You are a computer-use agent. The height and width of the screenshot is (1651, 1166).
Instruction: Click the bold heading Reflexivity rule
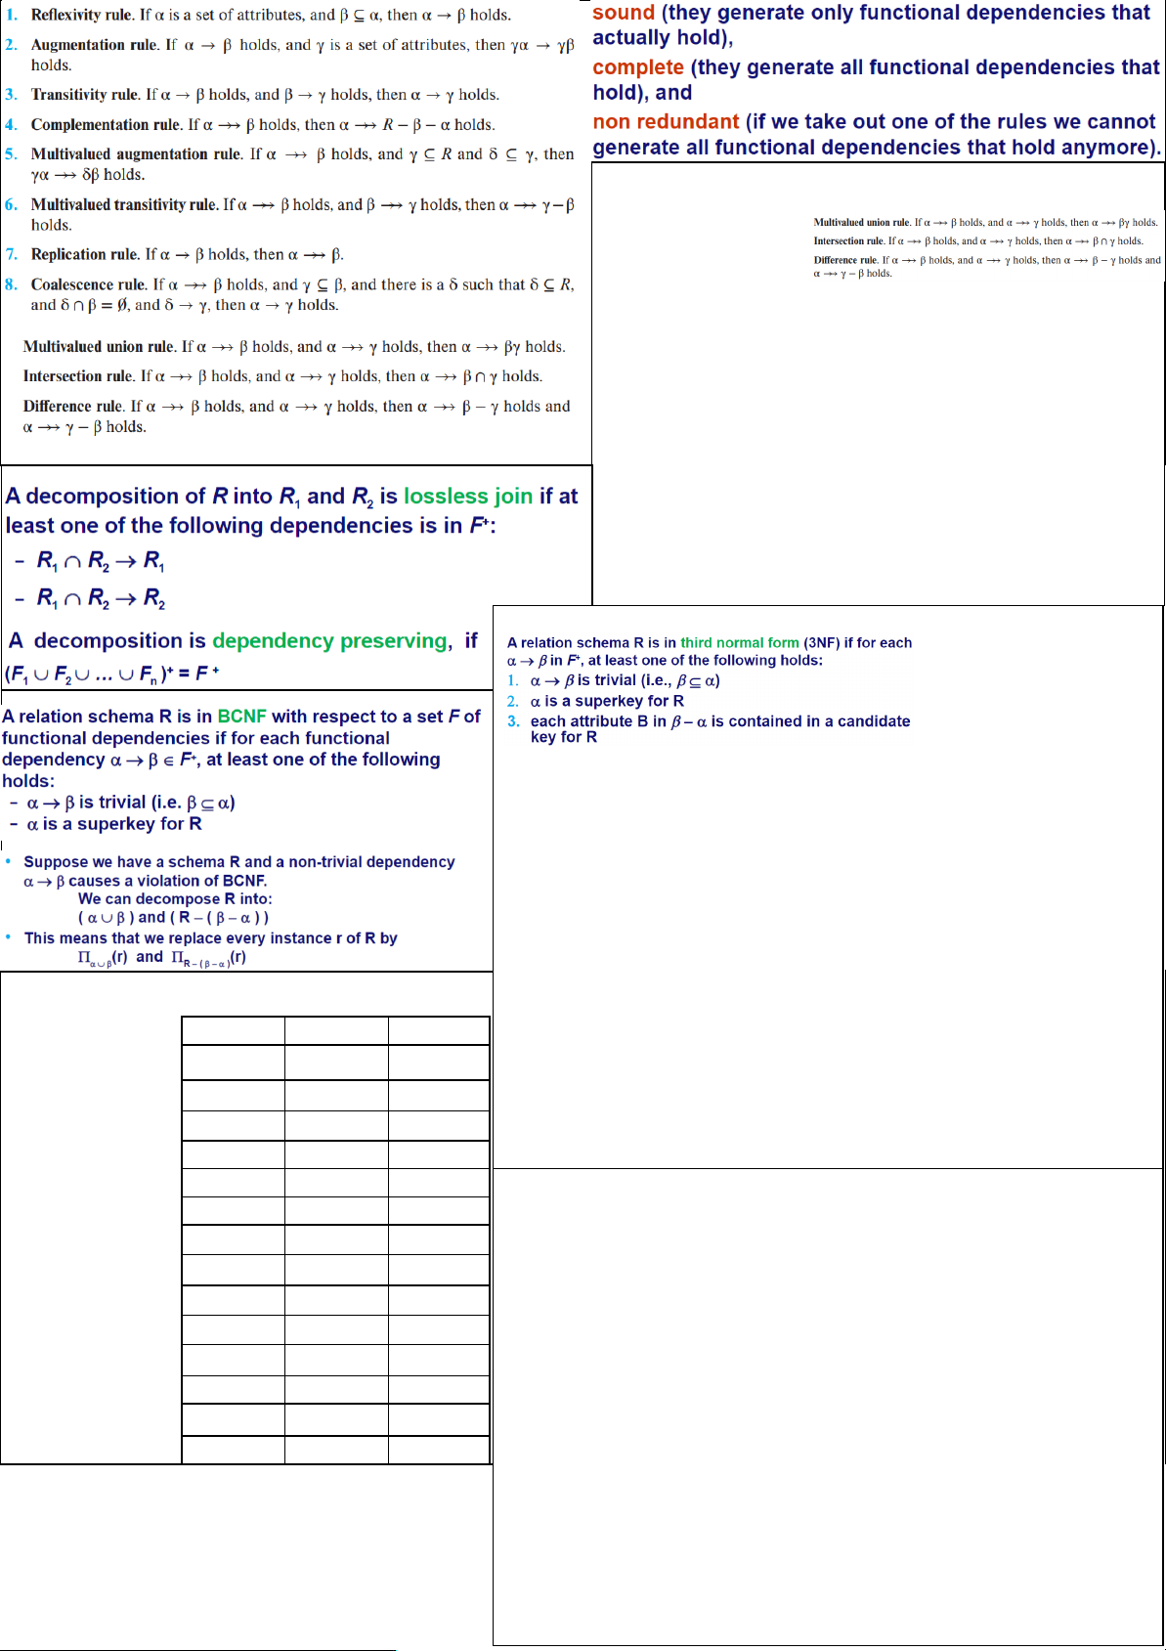pos(81,15)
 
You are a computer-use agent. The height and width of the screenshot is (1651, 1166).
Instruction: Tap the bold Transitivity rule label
pos(85,95)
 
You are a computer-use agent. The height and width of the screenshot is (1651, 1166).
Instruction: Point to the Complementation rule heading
pos(106,125)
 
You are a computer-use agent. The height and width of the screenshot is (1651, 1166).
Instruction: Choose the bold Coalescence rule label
pos(89,284)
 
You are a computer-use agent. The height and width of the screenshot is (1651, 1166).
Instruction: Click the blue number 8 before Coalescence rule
pos(11,284)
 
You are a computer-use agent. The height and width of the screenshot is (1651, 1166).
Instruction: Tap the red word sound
pos(623,13)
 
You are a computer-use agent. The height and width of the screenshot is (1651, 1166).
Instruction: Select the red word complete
pos(637,67)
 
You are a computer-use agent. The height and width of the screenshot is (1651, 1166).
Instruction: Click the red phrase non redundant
pos(665,122)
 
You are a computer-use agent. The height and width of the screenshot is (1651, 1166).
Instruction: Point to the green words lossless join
pos(468,497)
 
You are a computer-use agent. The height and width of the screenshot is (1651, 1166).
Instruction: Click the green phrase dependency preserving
pos(329,641)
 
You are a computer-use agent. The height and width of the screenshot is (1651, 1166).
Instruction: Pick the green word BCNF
pos(241,717)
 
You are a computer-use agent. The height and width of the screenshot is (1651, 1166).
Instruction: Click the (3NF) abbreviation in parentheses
pos(821,643)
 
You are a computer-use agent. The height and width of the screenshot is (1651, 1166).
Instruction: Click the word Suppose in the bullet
pos(54,862)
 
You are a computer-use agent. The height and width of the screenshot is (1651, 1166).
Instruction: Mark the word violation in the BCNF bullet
pos(170,881)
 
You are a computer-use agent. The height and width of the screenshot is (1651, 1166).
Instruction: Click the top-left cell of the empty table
pos(233,1030)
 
